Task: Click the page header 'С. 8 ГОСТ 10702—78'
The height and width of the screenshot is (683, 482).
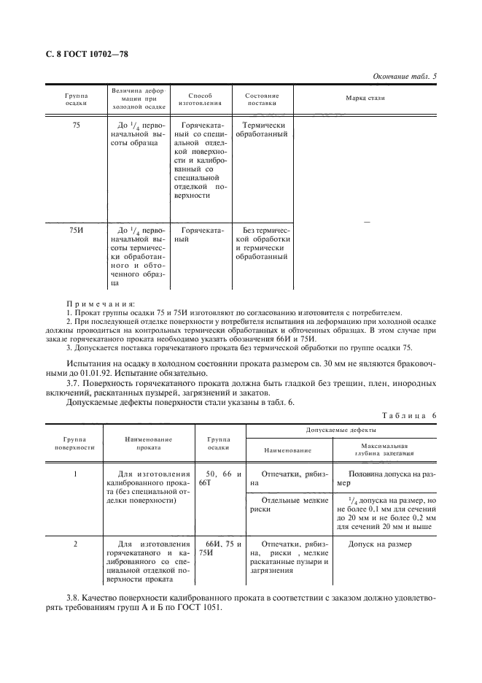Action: point(82,53)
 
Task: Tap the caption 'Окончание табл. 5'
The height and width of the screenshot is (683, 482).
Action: point(405,76)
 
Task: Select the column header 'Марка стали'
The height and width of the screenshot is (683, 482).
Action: point(365,97)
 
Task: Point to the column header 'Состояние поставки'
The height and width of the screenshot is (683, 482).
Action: point(262,99)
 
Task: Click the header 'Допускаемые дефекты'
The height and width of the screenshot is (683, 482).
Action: point(340,431)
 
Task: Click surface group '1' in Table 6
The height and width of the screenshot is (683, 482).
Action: point(76,474)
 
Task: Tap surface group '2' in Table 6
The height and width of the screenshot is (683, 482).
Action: point(76,544)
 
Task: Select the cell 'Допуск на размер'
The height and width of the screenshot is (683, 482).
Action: point(378,544)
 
